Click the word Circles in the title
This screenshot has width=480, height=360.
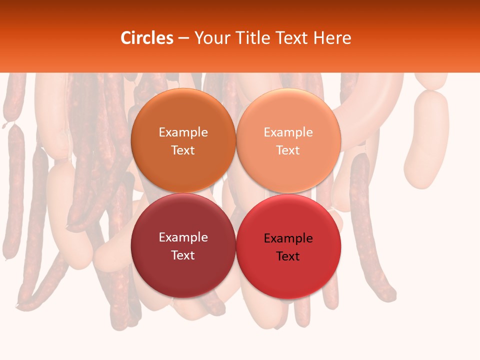click(x=146, y=38)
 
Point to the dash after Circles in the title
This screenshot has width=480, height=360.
click(x=183, y=38)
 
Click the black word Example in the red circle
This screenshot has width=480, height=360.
click(x=288, y=238)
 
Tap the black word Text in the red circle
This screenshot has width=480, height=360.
click(x=288, y=256)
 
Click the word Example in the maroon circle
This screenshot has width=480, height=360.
click(x=183, y=237)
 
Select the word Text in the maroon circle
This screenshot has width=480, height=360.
click(x=183, y=255)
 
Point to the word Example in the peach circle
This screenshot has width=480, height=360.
click(x=288, y=132)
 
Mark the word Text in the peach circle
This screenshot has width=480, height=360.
click(x=288, y=150)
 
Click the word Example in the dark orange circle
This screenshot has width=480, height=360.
click(x=183, y=132)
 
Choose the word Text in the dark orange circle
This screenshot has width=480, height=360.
click(x=183, y=150)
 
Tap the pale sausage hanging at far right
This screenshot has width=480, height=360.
click(x=426, y=140)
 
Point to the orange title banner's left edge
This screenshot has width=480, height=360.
click(x=2, y=36)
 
